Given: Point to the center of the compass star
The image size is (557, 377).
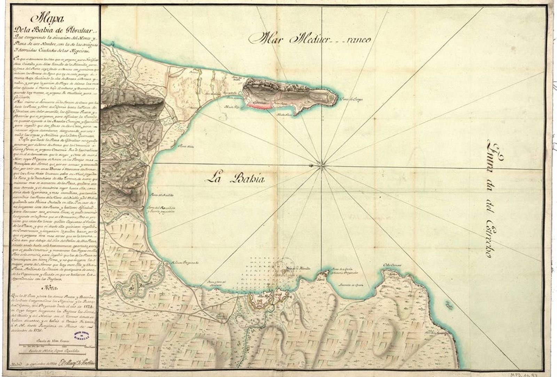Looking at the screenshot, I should tap(321, 164).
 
